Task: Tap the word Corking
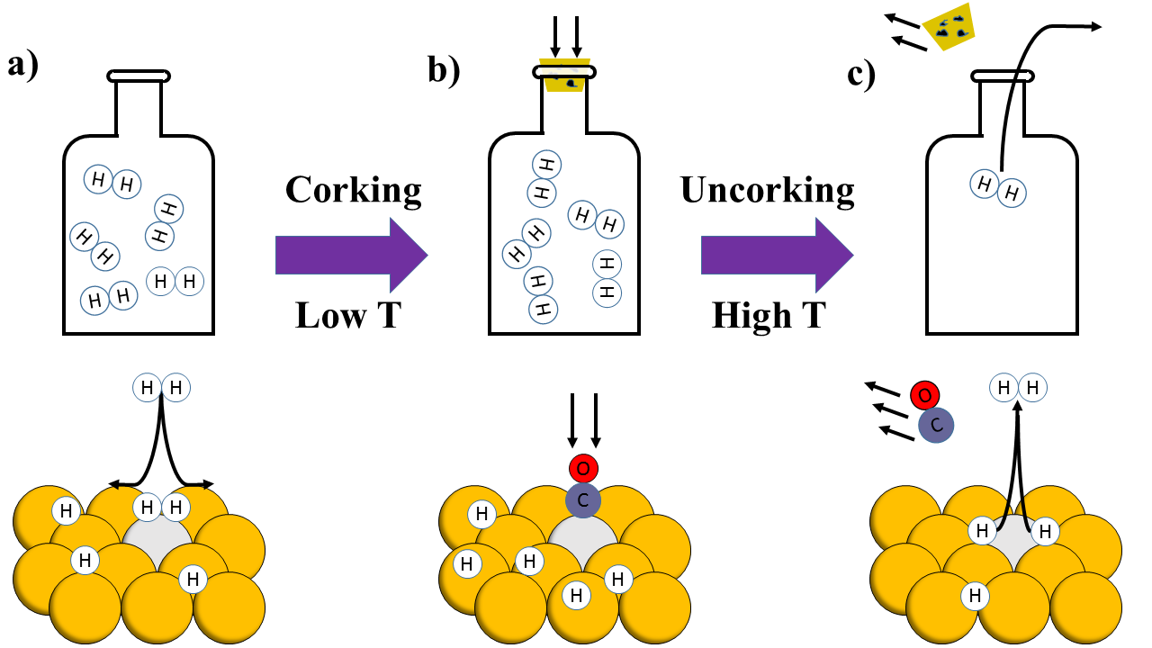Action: [x=353, y=191]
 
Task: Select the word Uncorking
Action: [x=767, y=191]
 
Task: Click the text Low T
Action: [x=347, y=316]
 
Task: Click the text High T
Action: [x=768, y=316]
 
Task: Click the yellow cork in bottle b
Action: [x=565, y=76]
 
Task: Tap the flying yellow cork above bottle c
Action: [x=952, y=26]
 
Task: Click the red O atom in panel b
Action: [x=582, y=468]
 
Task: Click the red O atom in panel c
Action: [x=923, y=394]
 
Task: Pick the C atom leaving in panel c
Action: [x=936, y=425]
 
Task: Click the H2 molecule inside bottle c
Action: [x=998, y=187]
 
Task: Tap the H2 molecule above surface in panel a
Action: [x=161, y=388]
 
